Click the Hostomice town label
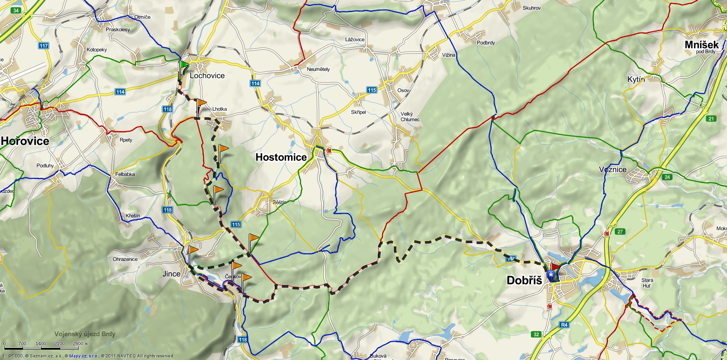tap(281, 157)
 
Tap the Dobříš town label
tap(524, 280)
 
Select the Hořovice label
tap(25, 141)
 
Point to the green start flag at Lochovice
tap(184, 66)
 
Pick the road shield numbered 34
tap(16, 10)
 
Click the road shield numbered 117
tap(43, 46)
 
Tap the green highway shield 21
tap(711, 119)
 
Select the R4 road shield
tap(564, 325)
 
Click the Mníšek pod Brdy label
tap(701, 46)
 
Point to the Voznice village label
tap(612, 170)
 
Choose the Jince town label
tap(171, 273)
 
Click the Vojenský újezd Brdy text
tap(85, 334)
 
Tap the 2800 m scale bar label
tap(79, 344)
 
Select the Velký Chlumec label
tap(409, 117)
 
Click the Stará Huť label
tap(647, 283)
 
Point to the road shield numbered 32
tap(536, 334)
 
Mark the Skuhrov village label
tap(531, 8)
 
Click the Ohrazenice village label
tap(125, 259)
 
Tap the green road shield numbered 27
tap(620, 231)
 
